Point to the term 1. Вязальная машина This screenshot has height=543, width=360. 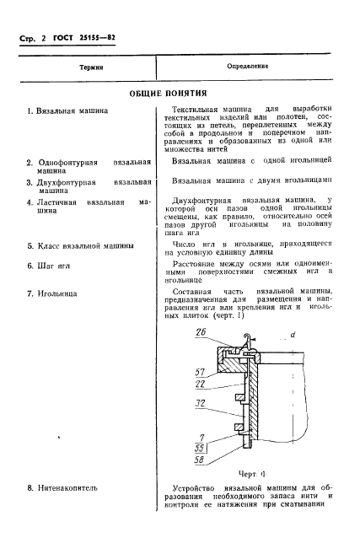click(x=67, y=110)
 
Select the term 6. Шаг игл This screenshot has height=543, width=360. click(x=52, y=266)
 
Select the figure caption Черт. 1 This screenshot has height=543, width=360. click(x=244, y=474)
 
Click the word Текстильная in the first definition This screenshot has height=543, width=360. click(x=196, y=110)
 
